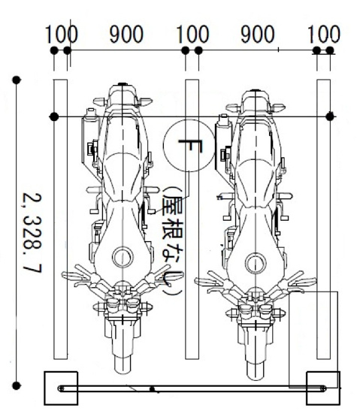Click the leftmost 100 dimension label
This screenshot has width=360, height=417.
pos(61,34)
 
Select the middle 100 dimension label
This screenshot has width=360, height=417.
pos(192,34)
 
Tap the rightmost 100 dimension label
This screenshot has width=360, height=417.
pos(325,34)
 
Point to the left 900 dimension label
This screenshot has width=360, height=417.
pos(126,34)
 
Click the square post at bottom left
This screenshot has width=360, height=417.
pos(61,388)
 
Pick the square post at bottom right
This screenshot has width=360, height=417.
pos(323,388)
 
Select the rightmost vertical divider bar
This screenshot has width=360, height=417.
pos(324,218)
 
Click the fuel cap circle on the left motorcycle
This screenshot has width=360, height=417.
pos(121,258)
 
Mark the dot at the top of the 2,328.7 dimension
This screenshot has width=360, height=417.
pos(17,78)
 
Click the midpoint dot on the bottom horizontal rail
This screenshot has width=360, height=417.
pos(153,389)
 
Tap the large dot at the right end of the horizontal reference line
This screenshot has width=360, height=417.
pos(331,116)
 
